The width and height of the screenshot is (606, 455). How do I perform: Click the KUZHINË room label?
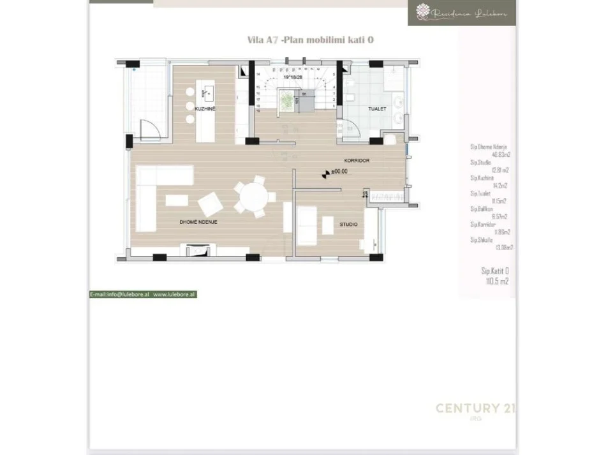204,108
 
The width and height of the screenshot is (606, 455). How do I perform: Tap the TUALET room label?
377,109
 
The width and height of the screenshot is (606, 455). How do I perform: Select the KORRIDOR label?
357,160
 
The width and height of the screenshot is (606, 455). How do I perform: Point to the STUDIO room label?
348,225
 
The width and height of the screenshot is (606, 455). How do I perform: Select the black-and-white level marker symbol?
327,172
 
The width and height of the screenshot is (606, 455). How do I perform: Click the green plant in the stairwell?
287,100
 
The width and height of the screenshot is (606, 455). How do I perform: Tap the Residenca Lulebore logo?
462,13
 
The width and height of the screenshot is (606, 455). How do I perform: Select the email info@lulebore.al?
120,295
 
